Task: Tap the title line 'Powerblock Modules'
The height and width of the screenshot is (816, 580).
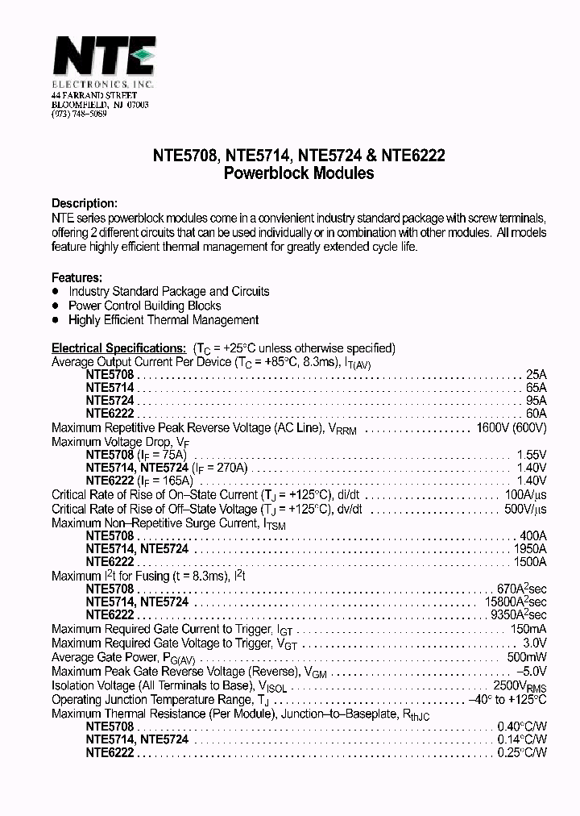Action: tap(298, 173)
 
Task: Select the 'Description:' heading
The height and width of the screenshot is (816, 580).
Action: tap(85, 203)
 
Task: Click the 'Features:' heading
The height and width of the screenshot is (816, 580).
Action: tap(77, 277)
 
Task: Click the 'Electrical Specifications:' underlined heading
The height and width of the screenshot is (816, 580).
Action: tap(119, 348)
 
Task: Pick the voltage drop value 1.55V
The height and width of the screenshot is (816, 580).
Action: tap(531, 455)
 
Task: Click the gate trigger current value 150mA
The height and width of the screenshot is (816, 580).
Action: tap(528, 629)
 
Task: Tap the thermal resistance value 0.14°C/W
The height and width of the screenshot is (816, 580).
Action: tap(521, 739)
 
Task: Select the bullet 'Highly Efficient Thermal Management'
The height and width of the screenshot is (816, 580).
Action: tap(164, 320)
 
